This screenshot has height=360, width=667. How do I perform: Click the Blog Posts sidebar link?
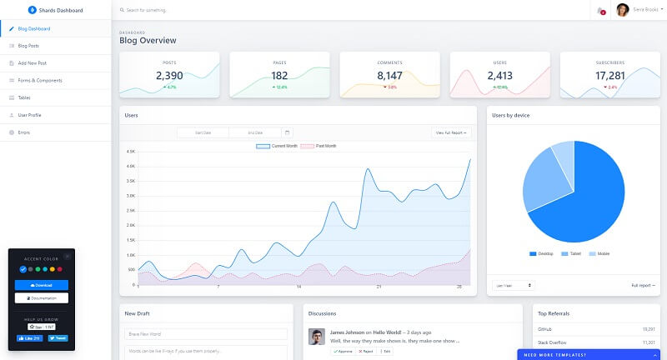click(28, 46)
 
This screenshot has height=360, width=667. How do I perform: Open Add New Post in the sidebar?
click(32, 62)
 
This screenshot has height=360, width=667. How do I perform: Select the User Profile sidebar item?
click(29, 114)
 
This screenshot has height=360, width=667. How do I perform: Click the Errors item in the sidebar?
click(23, 132)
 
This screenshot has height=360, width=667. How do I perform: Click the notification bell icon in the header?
click(600, 10)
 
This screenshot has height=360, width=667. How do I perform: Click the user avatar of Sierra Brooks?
click(622, 10)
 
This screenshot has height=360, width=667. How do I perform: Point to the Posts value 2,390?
click(169, 76)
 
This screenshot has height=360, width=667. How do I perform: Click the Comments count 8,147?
click(389, 76)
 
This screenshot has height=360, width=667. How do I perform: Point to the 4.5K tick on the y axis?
click(130, 152)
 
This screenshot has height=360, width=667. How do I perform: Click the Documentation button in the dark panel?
click(42, 297)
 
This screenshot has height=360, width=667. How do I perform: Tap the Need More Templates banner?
click(592, 355)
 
